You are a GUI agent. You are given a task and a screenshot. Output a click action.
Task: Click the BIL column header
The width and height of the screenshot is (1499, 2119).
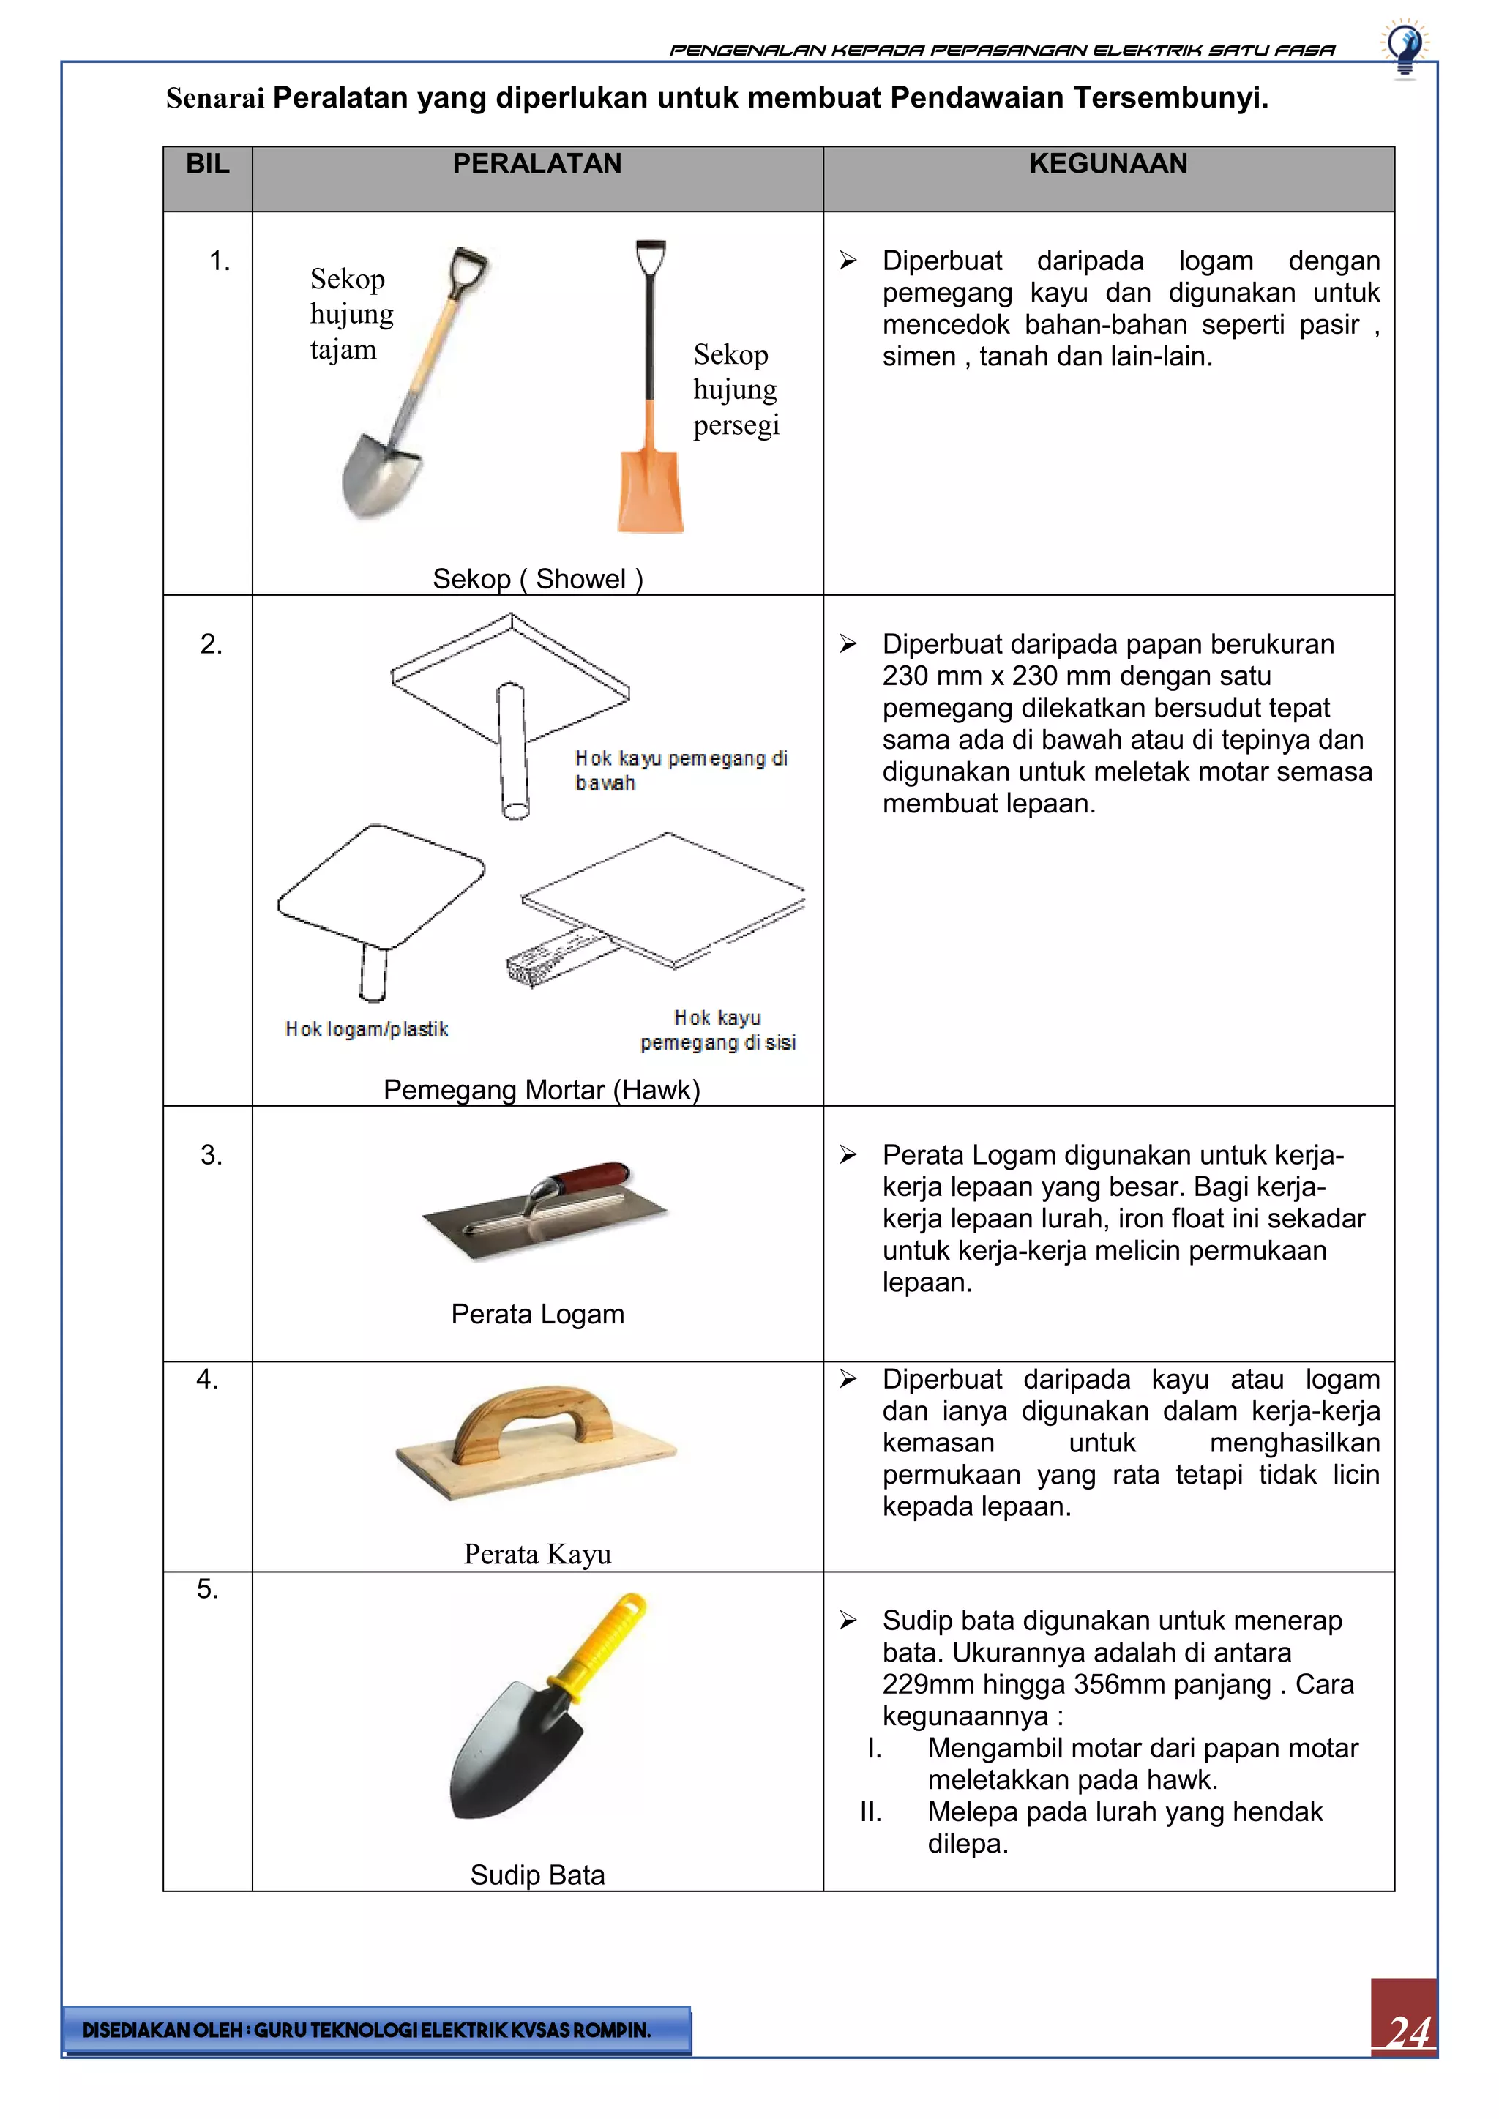[208, 164]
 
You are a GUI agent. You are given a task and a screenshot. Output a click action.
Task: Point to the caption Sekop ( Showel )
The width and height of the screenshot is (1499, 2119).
[537, 579]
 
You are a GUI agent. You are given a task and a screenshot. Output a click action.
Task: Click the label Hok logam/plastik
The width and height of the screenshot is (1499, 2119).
[367, 1029]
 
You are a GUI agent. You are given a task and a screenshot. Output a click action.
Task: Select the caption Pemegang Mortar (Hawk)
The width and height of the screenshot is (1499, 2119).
[542, 1090]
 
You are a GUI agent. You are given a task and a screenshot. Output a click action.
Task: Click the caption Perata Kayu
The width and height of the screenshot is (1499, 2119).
[537, 1554]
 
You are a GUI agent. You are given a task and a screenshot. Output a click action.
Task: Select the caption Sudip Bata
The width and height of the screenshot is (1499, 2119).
[537, 1875]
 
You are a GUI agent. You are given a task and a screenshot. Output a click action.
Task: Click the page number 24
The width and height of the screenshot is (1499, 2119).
[1407, 2031]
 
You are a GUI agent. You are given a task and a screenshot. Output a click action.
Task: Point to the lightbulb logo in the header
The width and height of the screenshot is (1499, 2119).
[1404, 48]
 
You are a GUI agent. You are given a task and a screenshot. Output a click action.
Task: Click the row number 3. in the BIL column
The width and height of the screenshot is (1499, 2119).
[212, 1156]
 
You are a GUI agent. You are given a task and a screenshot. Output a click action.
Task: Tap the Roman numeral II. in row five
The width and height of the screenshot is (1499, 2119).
[870, 1812]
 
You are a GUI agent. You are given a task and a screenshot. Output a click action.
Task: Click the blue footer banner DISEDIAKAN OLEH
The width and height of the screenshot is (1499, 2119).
[377, 2030]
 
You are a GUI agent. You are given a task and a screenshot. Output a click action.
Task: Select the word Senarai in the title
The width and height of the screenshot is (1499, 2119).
[215, 98]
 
